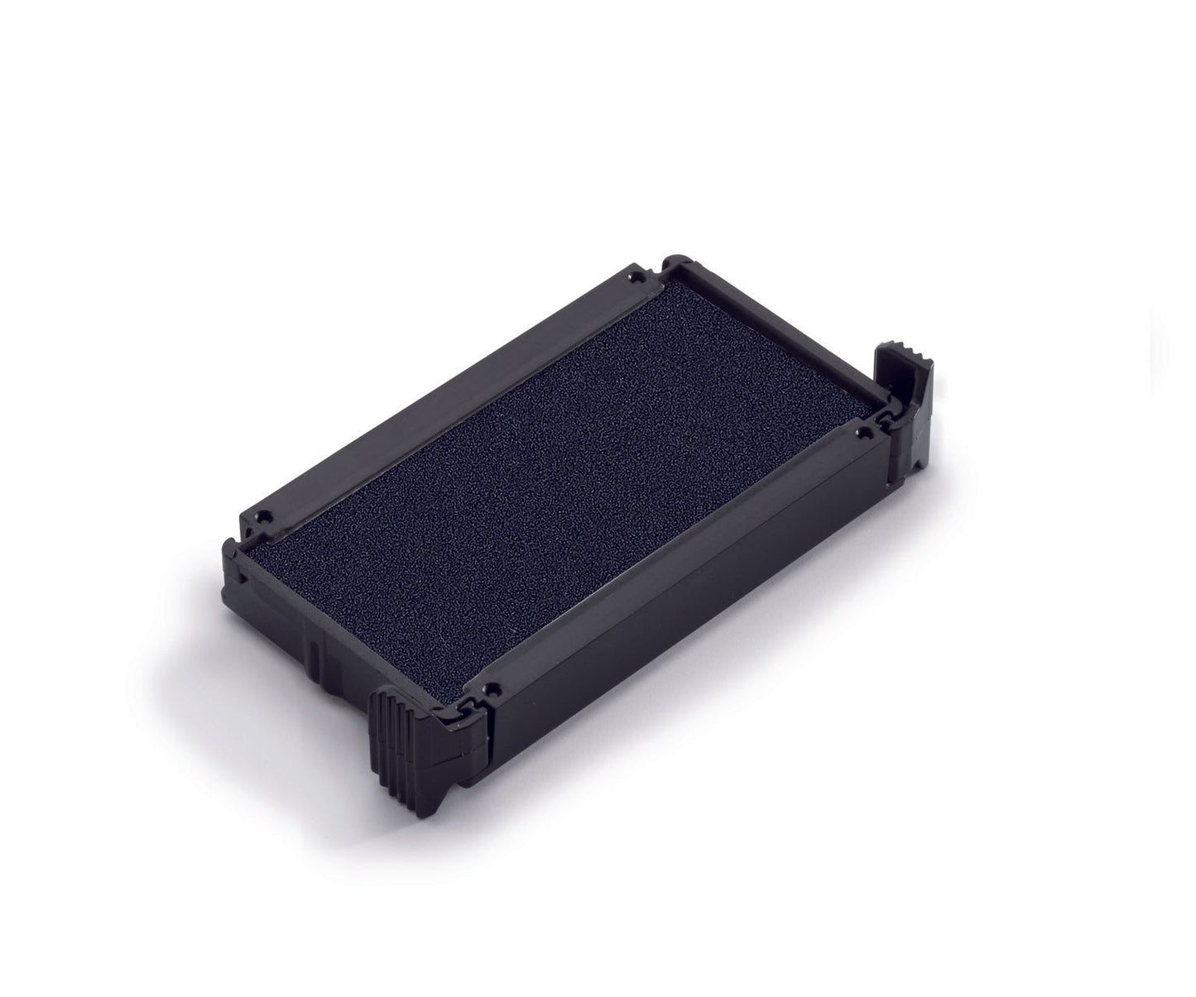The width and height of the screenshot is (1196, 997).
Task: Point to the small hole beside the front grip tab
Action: [x=494, y=686]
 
